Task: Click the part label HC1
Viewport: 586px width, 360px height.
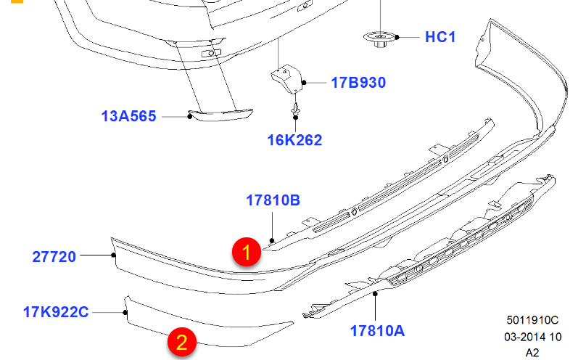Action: [440, 37]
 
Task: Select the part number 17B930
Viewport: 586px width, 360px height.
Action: [358, 83]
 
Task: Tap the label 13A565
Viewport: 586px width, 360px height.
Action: [128, 116]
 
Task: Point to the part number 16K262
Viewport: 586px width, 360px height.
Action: [294, 140]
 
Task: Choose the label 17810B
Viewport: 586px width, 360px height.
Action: [273, 200]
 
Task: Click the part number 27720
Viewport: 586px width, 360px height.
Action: [54, 257]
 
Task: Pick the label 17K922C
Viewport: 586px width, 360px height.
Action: [56, 312]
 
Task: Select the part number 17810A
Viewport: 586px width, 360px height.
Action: [377, 331]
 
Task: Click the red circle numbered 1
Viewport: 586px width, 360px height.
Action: [247, 252]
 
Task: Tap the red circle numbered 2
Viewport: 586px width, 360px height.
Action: [181, 342]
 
